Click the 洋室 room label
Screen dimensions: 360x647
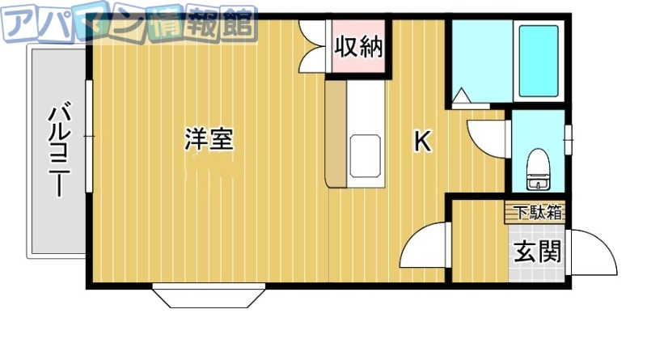point(209,139)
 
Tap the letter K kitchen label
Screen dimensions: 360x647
point(421,142)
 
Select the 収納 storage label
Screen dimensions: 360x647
point(358,47)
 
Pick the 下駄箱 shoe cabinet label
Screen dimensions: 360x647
point(535,212)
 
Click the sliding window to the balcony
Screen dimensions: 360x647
point(88,138)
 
